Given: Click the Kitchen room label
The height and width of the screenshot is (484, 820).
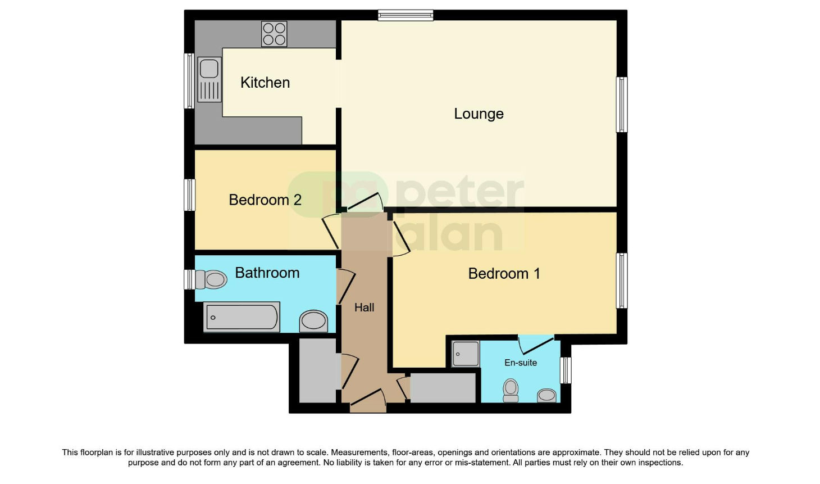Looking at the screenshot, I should click(265, 83).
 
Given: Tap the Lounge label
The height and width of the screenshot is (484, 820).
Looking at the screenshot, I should click(479, 114).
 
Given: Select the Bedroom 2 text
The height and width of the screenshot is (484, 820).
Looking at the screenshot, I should click(265, 200).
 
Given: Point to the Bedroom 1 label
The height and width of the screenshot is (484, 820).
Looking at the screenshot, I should click(504, 274).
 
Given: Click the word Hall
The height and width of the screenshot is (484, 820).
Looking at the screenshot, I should click(364, 307).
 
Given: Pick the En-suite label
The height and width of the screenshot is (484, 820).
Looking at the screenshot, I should click(520, 363).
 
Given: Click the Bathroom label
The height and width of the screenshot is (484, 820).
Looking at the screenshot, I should click(267, 273).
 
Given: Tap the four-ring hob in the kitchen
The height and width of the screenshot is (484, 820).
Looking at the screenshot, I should click(274, 34).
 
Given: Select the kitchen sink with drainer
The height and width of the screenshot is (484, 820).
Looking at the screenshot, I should click(209, 79).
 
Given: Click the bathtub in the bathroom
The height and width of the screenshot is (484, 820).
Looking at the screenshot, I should click(242, 317).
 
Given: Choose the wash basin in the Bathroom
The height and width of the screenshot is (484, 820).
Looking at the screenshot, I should click(313, 321).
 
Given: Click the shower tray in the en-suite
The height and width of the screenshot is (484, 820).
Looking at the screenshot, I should click(466, 354).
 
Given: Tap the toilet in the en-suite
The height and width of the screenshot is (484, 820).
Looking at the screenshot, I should click(511, 390).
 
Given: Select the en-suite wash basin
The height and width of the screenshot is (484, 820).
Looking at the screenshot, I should click(546, 396).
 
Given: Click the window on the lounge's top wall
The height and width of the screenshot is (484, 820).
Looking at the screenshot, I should click(406, 15).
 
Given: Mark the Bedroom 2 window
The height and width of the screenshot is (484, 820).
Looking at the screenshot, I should click(190, 195).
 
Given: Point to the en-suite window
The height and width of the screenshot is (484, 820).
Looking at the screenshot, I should click(566, 370).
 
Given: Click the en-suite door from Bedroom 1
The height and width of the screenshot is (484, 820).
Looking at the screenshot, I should click(535, 343).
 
